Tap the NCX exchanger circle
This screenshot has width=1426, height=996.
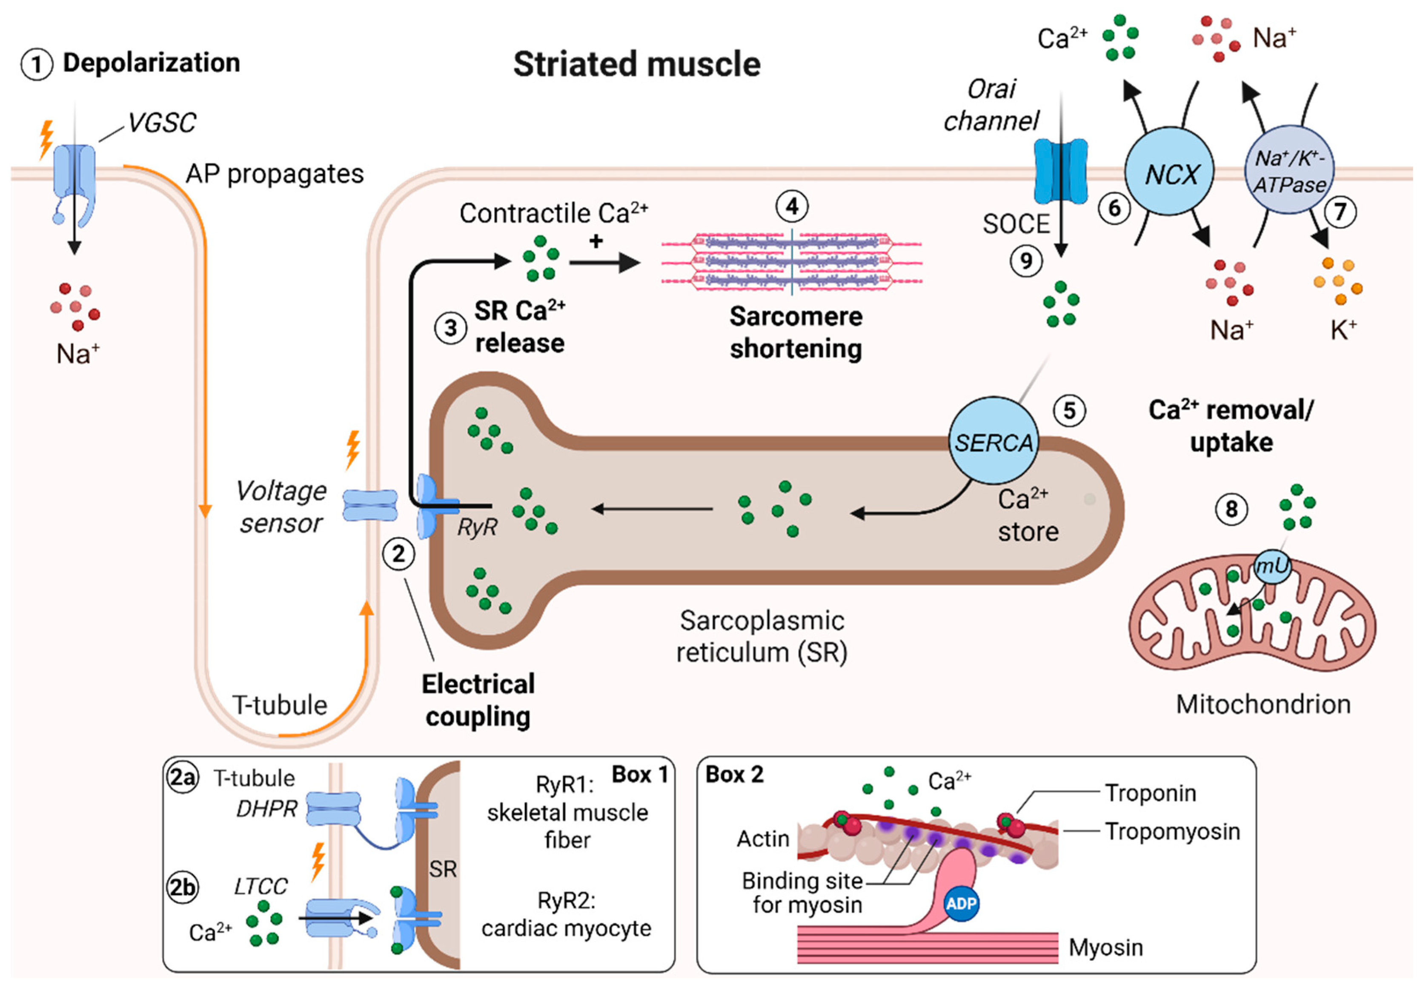[1169, 172]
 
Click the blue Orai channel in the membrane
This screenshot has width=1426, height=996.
[1060, 172]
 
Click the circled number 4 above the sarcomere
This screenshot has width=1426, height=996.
[792, 206]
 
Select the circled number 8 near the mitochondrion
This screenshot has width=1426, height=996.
[1231, 509]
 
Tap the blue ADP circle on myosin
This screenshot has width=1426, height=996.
[961, 903]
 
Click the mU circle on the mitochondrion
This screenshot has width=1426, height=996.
[1271, 566]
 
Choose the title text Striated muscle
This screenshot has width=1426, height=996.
[637, 64]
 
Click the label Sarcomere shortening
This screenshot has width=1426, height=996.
[796, 332]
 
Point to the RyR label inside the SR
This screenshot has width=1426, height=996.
[477, 527]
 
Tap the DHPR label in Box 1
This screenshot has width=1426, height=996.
[266, 808]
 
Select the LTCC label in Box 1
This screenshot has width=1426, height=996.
[260, 886]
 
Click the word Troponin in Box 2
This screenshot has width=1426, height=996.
[1150, 793]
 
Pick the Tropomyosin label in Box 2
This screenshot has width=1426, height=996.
[1172, 831]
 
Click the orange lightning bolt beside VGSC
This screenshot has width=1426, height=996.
[46, 139]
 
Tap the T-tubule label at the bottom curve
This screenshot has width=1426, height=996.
[280, 705]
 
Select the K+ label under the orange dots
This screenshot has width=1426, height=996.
[1343, 330]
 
